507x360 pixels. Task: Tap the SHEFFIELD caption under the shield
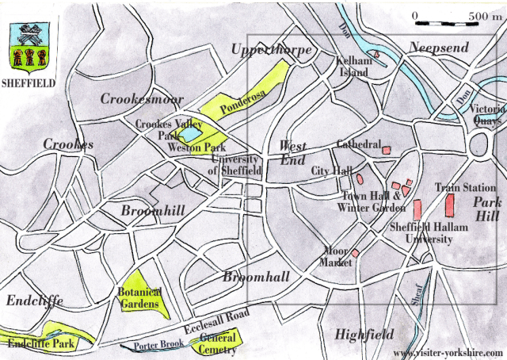click(29, 81)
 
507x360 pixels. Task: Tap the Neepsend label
click(439, 48)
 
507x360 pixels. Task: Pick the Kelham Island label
click(353, 66)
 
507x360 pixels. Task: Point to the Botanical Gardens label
click(139, 297)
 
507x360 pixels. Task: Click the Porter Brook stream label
click(158, 344)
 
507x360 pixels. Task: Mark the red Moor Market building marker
click(356, 254)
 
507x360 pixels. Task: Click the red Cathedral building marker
click(387, 150)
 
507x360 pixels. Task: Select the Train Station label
click(465, 188)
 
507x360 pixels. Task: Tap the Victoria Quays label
click(486, 115)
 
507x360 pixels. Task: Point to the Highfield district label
click(364, 334)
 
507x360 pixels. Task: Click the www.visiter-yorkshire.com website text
click(447, 353)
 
